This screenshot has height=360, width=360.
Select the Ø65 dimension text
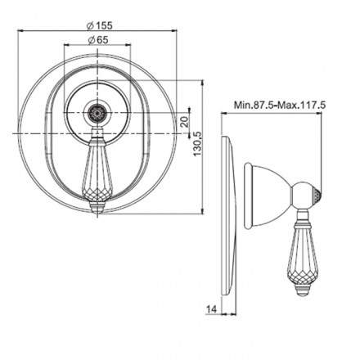98,40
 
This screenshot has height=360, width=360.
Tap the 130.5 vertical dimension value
197,144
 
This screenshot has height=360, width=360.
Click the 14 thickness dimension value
212,309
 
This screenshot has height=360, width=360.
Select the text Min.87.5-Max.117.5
280,105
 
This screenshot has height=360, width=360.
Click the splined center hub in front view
97,112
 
